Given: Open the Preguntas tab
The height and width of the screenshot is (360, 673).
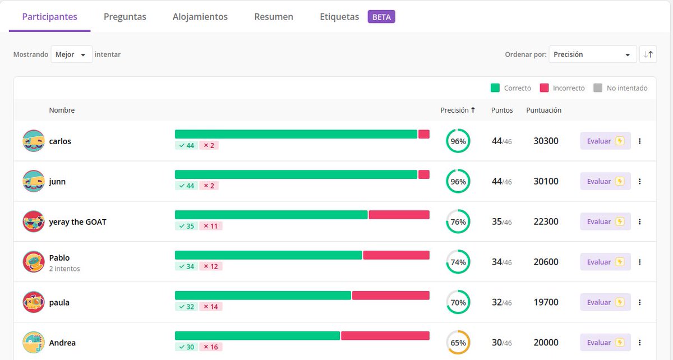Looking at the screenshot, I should (x=125, y=17).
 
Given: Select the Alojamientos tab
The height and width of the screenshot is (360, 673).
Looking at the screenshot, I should (x=200, y=17).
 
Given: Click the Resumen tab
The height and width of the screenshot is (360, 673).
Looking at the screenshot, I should (x=274, y=17).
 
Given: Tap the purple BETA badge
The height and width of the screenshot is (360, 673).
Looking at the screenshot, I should (x=381, y=17).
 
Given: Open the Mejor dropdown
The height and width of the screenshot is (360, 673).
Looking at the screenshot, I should (x=71, y=54).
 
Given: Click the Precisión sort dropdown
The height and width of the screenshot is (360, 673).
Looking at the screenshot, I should (x=592, y=54).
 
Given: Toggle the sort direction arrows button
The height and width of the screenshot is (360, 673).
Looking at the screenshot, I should (x=648, y=54).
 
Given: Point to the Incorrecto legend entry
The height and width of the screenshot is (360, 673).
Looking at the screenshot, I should (x=563, y=88).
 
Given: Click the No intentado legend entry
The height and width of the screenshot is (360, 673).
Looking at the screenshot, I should (x=621, y=88).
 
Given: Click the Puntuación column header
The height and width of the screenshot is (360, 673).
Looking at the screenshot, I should (x=543, y=110).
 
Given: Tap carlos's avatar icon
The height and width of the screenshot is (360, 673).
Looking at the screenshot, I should (x=34, y=141).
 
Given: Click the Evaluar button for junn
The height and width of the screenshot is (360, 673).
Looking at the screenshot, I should (x=605, y=182).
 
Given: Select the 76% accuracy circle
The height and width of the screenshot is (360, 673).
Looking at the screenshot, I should (x=458, y=222).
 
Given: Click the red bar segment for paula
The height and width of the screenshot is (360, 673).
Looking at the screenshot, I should (x=390, y=296).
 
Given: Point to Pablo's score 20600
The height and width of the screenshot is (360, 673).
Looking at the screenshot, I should (x=546, y=262).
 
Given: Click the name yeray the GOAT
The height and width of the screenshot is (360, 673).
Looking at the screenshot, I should (x=77, y=222).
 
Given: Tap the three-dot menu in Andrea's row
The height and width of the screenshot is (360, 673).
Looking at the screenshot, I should (x=639, y=343).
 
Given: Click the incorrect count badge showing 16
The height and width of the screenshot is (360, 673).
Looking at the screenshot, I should (x=211, y=347).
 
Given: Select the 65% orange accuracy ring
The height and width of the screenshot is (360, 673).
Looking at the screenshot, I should (x=458, y=343).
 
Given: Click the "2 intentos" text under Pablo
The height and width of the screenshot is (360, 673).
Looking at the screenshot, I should (x=64, y=269).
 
